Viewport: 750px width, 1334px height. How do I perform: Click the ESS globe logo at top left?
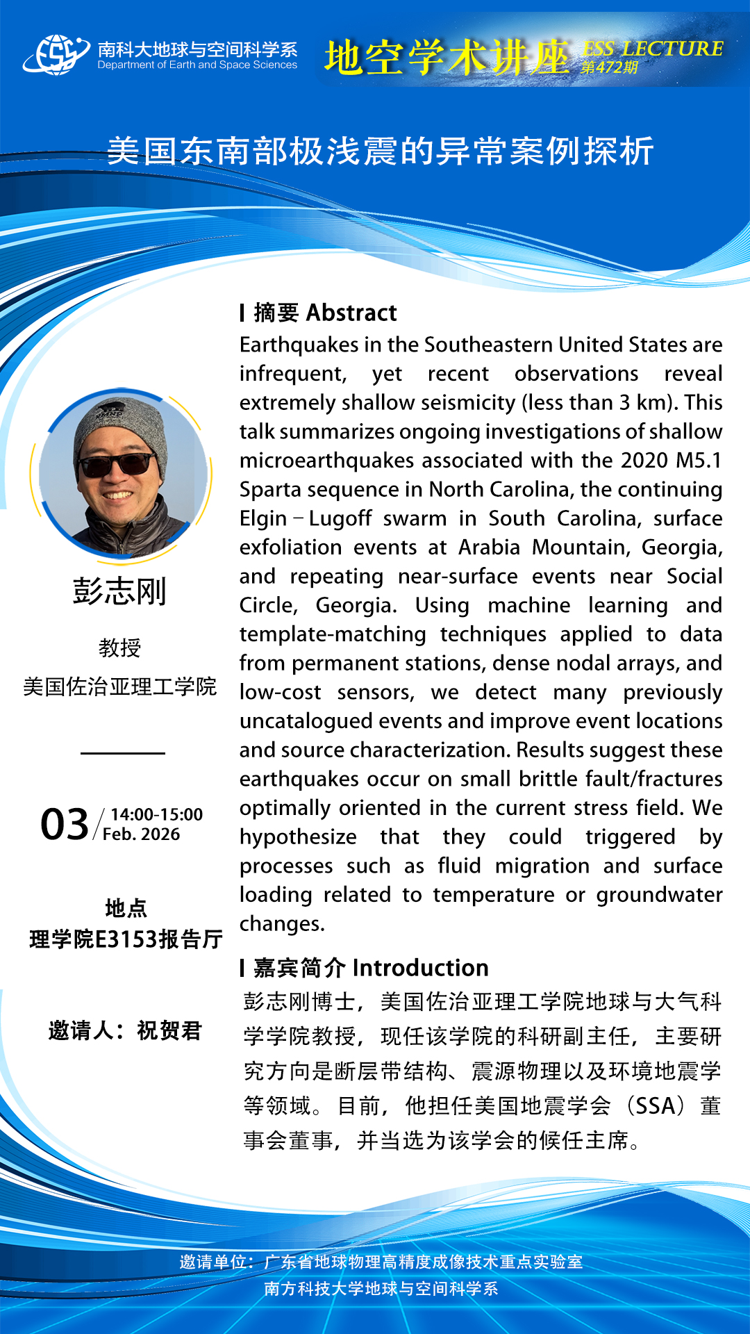(56, 54)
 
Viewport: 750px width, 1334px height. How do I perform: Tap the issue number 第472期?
(609, 68)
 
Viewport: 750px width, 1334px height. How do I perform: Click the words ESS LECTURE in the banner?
(653, 49)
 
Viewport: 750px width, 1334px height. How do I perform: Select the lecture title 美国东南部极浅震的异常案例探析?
(381, 151)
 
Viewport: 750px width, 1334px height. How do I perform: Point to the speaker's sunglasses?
(117, 463)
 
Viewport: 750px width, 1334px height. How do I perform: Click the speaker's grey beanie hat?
(118, 424)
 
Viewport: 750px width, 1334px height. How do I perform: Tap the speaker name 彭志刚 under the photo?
(119, 592)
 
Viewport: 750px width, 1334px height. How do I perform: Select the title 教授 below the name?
(119, 648)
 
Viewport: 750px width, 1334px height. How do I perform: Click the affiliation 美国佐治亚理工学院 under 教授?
(119, 686)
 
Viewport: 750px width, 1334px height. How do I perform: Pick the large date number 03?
(65, 825)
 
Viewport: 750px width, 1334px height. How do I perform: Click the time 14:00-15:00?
(156, 814)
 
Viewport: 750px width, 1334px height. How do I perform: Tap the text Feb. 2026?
(141, 834)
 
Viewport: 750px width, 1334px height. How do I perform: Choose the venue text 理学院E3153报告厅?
(126, 939)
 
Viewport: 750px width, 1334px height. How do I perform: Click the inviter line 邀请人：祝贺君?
(125, 1030)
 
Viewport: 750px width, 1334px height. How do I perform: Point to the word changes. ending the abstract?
(282, 924)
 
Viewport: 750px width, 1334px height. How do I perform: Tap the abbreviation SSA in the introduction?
(655, 1105)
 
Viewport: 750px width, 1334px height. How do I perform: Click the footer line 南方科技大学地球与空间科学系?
(381, 1289)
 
